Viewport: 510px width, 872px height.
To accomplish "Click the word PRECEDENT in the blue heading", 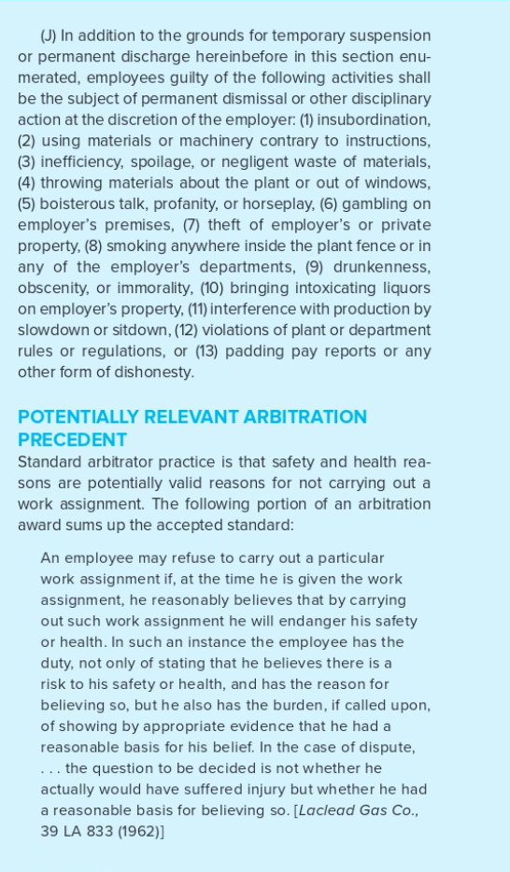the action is [x=72, y=440].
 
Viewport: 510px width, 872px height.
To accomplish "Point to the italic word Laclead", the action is [x=330, y=810].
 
